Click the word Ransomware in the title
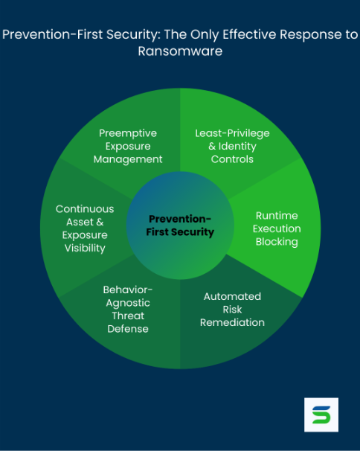point(180,51)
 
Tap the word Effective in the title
point(250,34)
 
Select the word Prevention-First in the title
point(52,34)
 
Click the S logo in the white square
point(321,415)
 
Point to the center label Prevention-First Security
point(180,225)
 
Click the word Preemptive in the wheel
point(128,133)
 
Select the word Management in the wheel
point(128,159)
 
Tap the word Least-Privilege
point(232,133)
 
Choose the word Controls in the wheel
point(232,159)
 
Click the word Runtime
point(277,216)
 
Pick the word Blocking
point(277,242)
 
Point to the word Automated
point(232,296)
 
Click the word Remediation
point(232,322)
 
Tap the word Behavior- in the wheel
point(128,290)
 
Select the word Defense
point(128,329)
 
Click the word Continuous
point(85,209)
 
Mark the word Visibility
point(85,249)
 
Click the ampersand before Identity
point(212,147)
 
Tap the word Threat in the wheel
point(128,316)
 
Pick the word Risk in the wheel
point(232,310)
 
